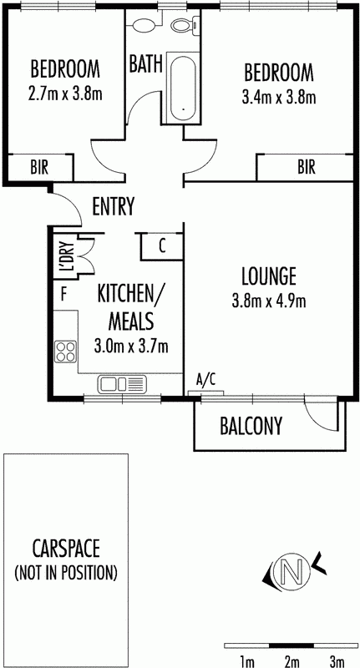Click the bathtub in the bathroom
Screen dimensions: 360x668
click(x=183, y=89)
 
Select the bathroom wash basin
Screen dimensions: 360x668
click(x=145, y=25)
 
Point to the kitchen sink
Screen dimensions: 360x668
click(x=122, y=384)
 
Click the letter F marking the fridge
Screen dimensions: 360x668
click(x=64, y=294)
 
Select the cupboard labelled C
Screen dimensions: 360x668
click(x=162, y=246)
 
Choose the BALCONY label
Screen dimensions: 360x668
click(x=251, y=425)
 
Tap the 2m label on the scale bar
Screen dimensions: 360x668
click(x=292, y=661)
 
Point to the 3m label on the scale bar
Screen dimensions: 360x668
click(x=337, y=661)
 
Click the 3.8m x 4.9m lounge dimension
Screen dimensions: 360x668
click(x=268, y=301)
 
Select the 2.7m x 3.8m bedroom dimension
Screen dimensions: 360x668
click(x=65, y=94)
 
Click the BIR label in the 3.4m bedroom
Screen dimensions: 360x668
click(x=307, y=168)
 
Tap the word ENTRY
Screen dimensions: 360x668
click(x=114, y=206)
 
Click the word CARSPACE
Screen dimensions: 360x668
click(x=66, y=549)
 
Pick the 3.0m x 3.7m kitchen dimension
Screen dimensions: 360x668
click(x=131, y=346)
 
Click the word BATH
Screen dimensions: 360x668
click(x=145, y=64)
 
